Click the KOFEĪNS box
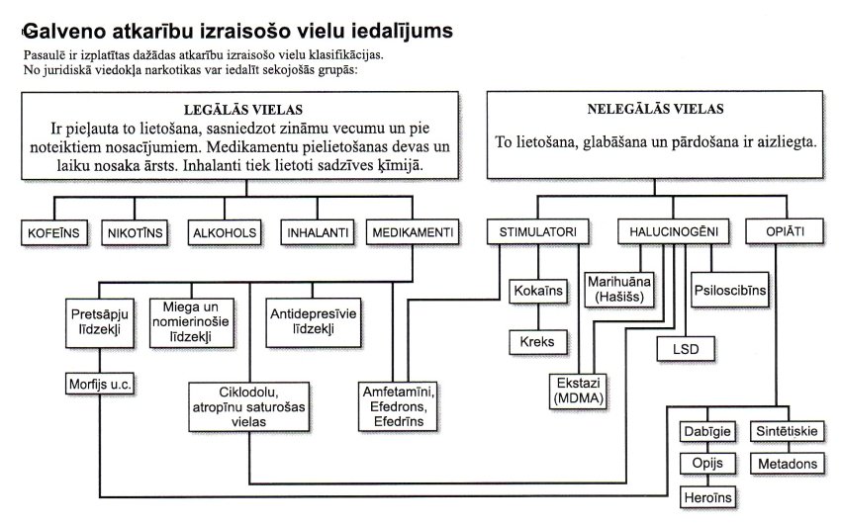pos(54,232)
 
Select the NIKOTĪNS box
pos(135,232)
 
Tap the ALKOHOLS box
pos(225,232)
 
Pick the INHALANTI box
pos(318,232)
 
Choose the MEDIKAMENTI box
pos(413,232)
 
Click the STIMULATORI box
pos(538,231)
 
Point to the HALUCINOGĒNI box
pos(674,231)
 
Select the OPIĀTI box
pos(785,231)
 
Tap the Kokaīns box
pos(538,291)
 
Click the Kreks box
pos(538,341)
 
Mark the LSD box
pos(686,349)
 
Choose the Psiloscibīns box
pos(730,290)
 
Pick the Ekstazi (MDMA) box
pos(578,391)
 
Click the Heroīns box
pos(708,497)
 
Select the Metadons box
pos(788,463)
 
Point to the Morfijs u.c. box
pos(100,384)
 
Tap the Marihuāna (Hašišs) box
pos(619,290)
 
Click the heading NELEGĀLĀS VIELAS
pos(655,110)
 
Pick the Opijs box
pos(707,463)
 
